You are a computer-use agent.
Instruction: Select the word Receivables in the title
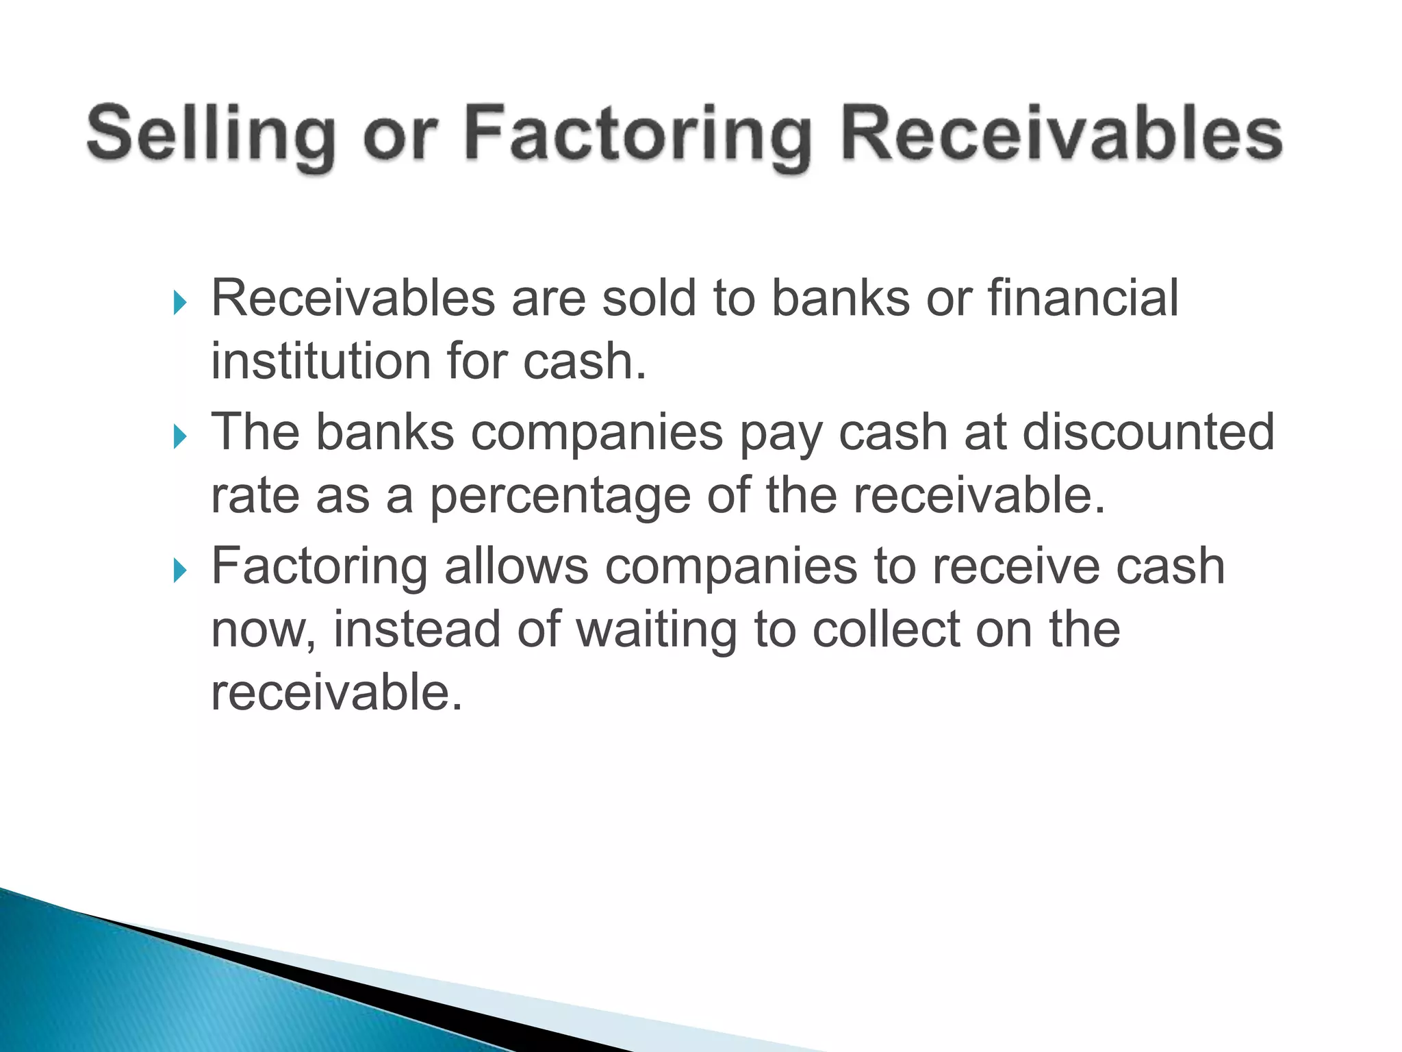pyautogui.click(x=1062, y=133)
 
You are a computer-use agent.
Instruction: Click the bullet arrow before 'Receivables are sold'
pyautogui.click(x=180, y=301)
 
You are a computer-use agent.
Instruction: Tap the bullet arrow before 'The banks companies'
pyautogui.click(x=180, y=436)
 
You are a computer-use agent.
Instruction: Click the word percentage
pyautogui.click(x=559, y=497)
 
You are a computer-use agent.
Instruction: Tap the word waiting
pyautogui.click(x=657, y=630)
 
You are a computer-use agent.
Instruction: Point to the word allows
pyautogui.click(x=516, y=566)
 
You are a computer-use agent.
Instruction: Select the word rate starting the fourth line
pyautogui.click(x=255, y=496)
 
